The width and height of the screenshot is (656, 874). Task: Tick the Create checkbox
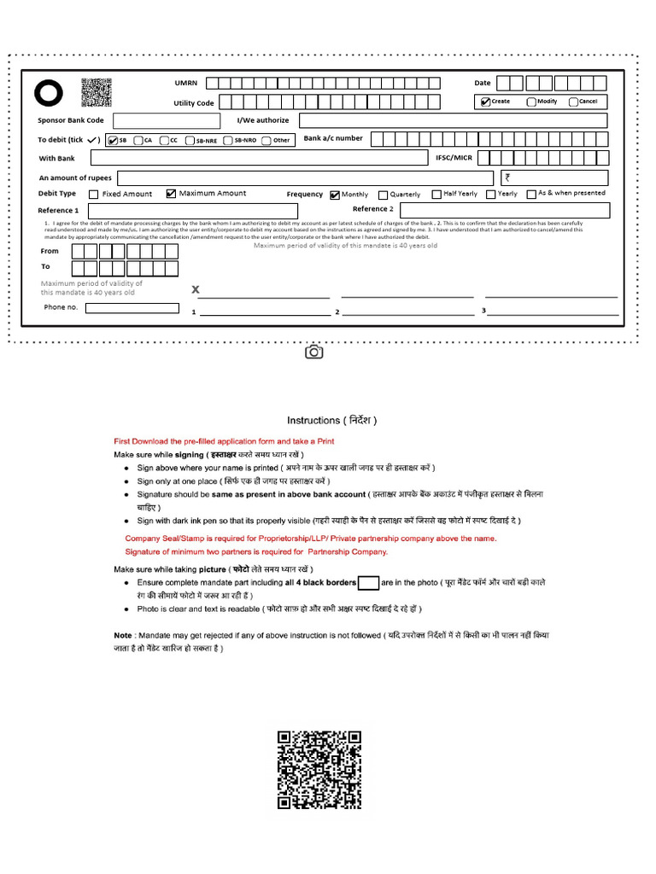tap(485, 102)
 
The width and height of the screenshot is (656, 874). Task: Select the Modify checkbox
tap(531, 102)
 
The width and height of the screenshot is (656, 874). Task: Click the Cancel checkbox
tap(573, 102)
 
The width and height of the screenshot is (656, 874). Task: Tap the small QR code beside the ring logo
tap(97, 92)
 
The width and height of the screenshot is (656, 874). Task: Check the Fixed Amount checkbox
tap(93, 195)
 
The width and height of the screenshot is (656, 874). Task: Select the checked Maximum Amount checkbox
tap(171, 194)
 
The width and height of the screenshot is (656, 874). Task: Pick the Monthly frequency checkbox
tap(335, 195)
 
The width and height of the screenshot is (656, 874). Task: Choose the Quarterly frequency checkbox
tap(383, 195)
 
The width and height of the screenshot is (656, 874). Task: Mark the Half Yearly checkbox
tap(436, 195)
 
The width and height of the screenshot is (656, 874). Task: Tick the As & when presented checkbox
tap(531, 194)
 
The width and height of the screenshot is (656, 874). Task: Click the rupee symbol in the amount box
tap(508, 178)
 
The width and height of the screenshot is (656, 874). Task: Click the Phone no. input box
tap(132, 308)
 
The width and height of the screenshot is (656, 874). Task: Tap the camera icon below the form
tap(313, 352)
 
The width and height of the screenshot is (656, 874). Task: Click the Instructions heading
tap(331, 420)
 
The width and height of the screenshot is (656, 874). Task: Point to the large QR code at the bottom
tap(319, 769)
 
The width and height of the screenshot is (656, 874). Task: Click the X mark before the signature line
tap(196, 290)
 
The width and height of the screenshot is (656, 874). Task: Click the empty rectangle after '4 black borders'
tap(368, 583)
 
